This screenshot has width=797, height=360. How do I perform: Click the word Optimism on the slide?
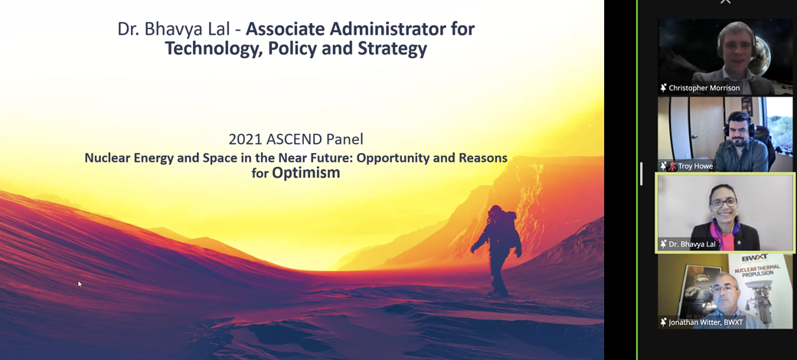(x=306, y=173)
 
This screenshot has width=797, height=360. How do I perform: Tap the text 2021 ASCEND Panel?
(x=296, y=139)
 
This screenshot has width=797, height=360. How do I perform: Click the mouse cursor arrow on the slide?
(x=80, y=283)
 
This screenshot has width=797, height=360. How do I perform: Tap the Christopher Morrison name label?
(x=704, y=88)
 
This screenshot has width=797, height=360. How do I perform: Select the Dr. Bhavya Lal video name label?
(x=692, y=244)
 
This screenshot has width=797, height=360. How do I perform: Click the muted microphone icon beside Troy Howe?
(x=672, y=166)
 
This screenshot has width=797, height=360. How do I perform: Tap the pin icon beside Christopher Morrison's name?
(x=663, y=88)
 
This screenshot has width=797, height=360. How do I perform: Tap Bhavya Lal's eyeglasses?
(x=724, y=202)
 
